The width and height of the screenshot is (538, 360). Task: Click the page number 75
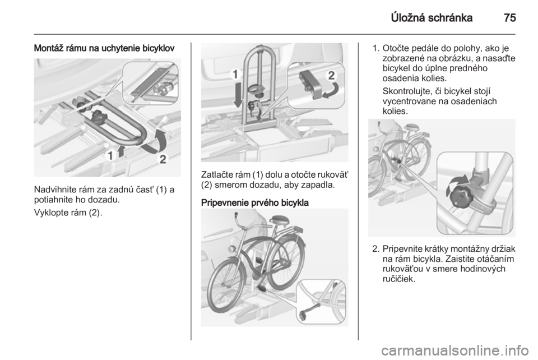click(510, 18)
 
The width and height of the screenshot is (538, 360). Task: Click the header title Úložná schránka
click(432, 18)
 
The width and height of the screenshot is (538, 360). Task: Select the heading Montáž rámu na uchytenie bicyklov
click(104, 48)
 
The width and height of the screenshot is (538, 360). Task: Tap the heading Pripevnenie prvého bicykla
click(255, 203)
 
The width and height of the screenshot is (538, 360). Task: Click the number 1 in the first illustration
click(110, 155)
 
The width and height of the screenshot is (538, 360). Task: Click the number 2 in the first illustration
click(163, 159)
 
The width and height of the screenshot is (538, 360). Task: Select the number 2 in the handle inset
click(331, 75)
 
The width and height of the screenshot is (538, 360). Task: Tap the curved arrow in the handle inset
click(332, 90)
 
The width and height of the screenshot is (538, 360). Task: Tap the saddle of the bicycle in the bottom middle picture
click(280, 220)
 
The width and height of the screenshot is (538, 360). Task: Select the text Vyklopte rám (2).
click(68, 213)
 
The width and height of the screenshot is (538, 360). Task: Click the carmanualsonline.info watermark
click(454, 350)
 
